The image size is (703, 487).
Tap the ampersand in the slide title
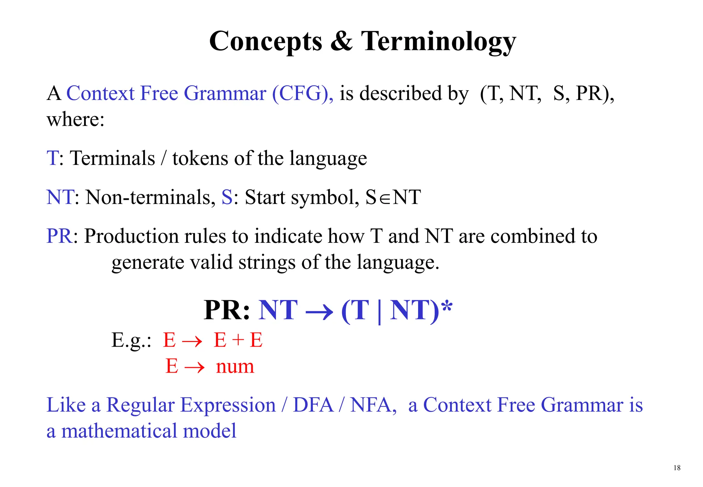342,41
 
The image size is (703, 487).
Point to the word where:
76,120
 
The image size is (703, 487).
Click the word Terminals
113,158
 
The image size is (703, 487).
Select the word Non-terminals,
150,197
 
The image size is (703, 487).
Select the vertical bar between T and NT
379,311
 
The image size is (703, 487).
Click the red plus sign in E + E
238,340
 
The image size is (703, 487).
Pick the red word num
235,366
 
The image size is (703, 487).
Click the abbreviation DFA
313,405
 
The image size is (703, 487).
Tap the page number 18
677,468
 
